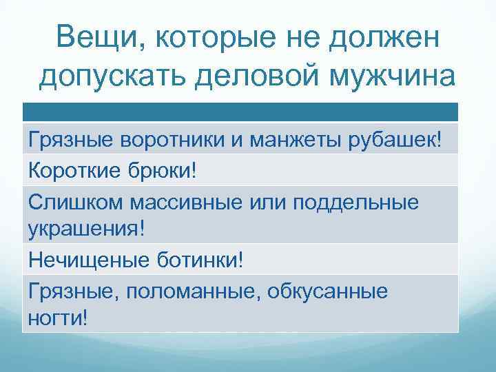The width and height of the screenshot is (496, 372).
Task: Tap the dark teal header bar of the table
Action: pyautogui.click(x=240, y=112)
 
